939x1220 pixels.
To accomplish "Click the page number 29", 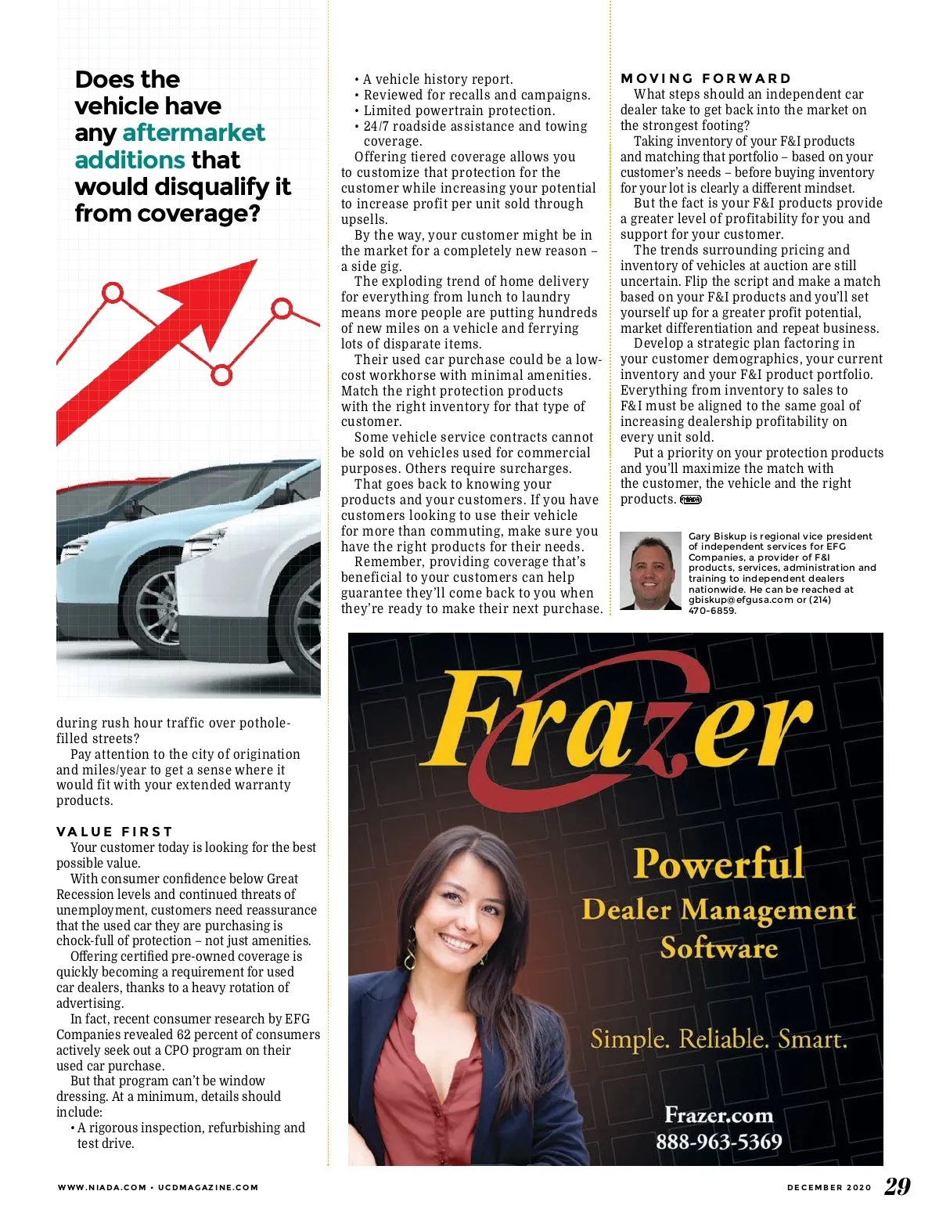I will coord(897,1186).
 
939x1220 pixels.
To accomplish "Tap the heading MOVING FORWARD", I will coord(706,78).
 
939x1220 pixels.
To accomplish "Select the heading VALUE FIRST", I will coord(114,832).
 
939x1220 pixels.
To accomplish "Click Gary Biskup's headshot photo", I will coord(650,571).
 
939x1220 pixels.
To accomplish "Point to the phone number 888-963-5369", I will coord(718,1142).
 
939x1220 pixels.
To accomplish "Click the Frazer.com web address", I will coord(718,1115).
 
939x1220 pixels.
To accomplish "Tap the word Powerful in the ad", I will coord(718,864).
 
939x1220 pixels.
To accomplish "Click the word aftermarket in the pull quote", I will coord(194,132).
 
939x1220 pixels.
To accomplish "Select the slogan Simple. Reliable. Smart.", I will coord(718,1039).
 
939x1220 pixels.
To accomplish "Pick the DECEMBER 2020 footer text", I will coord(829,1187).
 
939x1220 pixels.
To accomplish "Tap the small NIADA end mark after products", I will coord(691,500).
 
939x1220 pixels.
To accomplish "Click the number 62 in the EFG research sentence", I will coord(184,1034).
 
